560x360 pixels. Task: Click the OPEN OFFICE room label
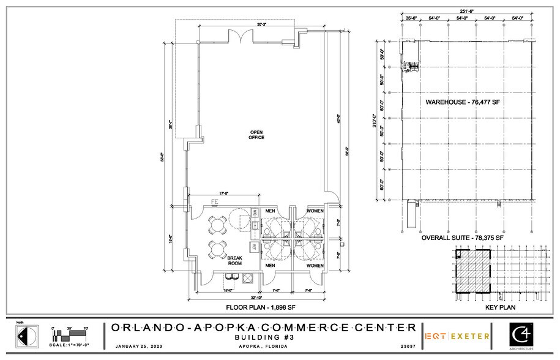(256, 135)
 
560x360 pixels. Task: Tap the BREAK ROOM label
(236, 261)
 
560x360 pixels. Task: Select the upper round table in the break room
(217, 225)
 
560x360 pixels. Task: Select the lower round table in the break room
(217, 249)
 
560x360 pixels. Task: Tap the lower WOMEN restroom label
(315, 266)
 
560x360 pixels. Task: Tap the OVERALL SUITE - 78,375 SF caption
(464, 237)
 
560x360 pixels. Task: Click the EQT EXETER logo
(457, 336)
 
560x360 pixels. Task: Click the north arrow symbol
(21, 337)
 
